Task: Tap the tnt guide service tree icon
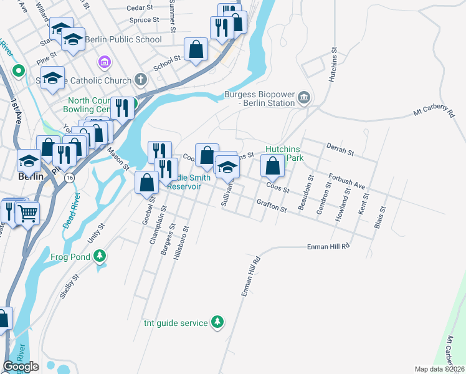tap(217, 322)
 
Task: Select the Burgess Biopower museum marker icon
tap(304, 97)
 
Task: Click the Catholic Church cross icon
tap(141, 80)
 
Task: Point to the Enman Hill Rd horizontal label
tap(328, 247)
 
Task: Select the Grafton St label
tap(271, 206)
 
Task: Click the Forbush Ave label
tap(346, 181)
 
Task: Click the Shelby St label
tap(67, 287)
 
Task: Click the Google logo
tap(21, 367)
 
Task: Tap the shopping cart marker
tap(27, 213)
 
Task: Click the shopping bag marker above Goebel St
tap(147, 183)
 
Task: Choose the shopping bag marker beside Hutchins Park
tap(272, 166)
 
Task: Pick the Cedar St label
tap(140, 8)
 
